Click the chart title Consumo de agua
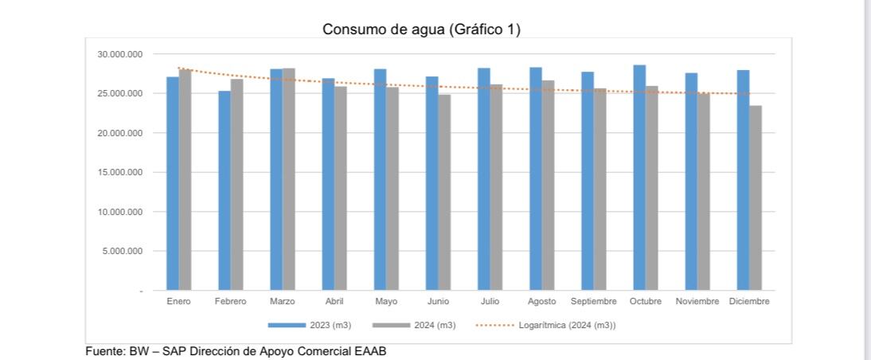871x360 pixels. [421, 29]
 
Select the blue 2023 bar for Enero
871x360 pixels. [173, 183]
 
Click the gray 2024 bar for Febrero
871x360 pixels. [237, 184]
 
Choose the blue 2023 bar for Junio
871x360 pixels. [432, 183]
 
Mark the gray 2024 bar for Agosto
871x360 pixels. [548, 185]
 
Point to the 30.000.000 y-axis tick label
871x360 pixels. [119, 54]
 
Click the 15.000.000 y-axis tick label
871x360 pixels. [119, 172]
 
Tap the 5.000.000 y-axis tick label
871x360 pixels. [122, 251]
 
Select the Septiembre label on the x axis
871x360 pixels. [594, 302]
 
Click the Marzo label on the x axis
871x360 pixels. [283, 302]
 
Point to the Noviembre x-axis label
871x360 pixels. [697, 302]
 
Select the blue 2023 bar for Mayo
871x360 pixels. [380, 179]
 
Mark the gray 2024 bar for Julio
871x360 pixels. [496, 187]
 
